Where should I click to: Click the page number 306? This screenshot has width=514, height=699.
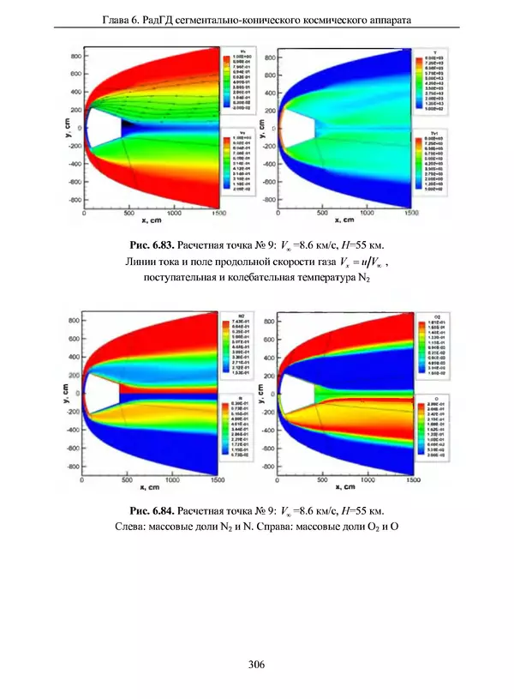256,663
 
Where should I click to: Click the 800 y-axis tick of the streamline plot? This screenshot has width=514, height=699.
75,55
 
